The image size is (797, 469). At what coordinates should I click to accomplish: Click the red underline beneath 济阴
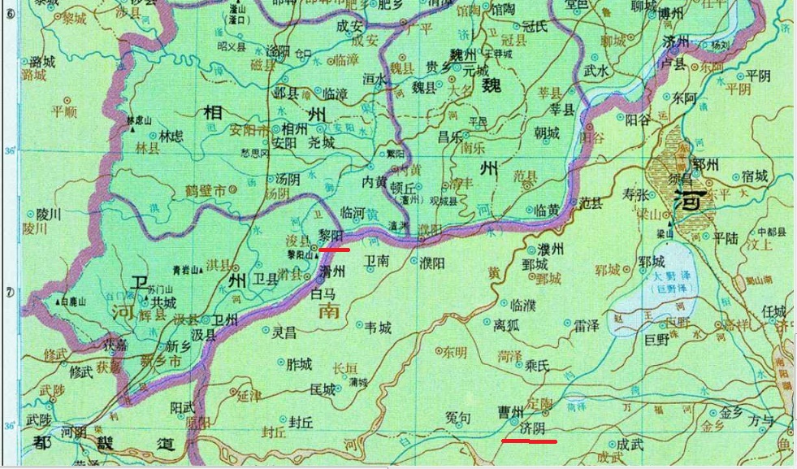click(529, 441)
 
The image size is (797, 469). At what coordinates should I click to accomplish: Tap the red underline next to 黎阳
click(335, 250)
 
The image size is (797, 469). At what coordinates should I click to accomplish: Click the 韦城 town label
click(378, 328)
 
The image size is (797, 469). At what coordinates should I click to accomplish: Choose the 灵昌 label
click(284, 332)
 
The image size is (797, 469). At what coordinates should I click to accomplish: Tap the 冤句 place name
click(457, 418)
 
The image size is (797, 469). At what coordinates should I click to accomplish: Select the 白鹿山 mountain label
click(74, 301)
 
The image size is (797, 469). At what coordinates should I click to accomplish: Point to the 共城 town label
click(162, 302)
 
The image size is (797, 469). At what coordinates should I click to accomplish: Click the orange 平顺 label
click(63, 111)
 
